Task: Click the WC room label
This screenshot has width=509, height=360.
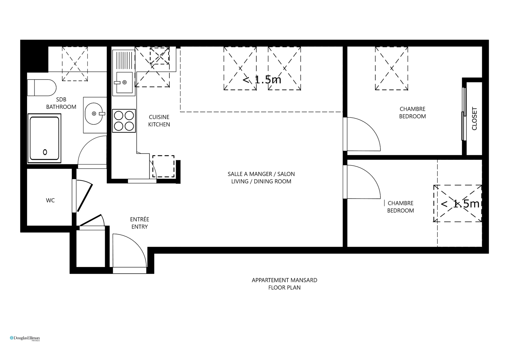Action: (50, 201)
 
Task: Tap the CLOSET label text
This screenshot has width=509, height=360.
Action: (474, 119)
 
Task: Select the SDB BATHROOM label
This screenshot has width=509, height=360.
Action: (61, 103)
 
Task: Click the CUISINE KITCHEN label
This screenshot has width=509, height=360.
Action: (159, 121)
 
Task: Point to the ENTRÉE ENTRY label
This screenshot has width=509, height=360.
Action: (139, 223)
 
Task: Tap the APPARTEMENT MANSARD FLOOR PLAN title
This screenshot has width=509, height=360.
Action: (285, 284)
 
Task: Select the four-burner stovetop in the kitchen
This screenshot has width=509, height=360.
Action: (124, 121)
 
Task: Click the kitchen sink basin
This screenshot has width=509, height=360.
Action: (124, 82)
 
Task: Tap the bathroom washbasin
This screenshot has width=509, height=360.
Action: (94, 114)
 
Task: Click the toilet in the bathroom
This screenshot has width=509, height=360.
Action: (42, 88)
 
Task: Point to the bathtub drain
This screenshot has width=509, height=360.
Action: (45, 152)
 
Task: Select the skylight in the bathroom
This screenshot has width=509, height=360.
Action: (75, 64)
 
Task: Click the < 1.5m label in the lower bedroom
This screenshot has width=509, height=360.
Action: (460, 204)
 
